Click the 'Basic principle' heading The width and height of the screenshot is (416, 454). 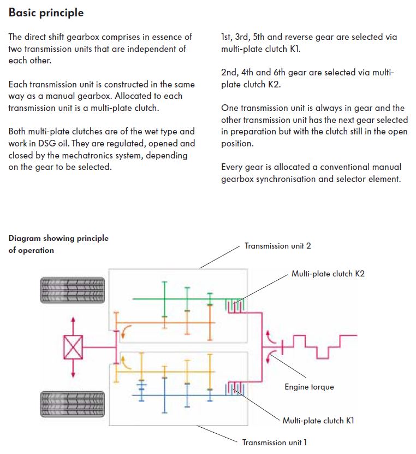coord(46,13)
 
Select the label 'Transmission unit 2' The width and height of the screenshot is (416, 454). coord(278,246)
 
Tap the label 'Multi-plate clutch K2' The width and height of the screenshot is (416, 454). coord(328,274)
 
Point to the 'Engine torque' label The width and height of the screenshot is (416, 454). coord(309,387)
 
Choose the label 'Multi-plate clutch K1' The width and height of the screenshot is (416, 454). coord(318,421)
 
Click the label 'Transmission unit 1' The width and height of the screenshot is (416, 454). coord(275,443)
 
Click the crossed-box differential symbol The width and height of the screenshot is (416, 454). coord(73,347)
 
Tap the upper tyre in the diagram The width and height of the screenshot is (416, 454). coord(73,291)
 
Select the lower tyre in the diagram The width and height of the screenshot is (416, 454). coord(73,404)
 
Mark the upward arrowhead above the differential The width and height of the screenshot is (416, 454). coord(73,320)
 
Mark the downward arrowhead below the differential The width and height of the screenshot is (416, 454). coord(73,374)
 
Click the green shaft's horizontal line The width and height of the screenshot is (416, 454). coord(180,299)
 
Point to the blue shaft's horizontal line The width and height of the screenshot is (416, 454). coord(180,395)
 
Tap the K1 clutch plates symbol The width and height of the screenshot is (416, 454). coord(235,388)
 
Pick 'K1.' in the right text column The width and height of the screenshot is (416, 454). coord(295,49)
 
